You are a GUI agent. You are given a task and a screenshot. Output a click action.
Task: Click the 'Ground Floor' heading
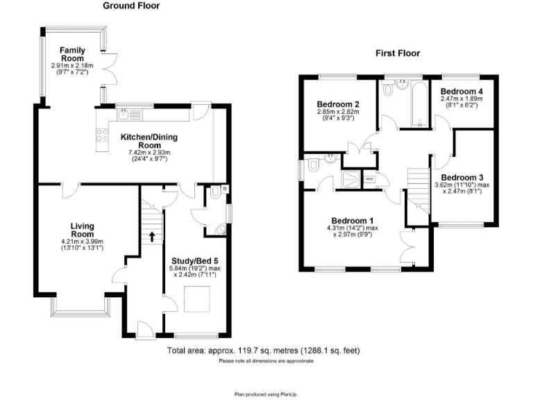coord(131,6)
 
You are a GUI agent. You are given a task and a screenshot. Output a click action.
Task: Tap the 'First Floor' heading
coord(398,53)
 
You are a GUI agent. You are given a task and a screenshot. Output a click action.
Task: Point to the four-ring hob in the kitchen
coord(102,136)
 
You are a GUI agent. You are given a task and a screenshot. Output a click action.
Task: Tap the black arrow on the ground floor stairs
coord(151,236)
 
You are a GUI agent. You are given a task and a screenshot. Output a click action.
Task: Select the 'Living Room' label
coord(82,230)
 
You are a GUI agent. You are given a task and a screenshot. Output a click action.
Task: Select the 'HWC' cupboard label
coord(369,179)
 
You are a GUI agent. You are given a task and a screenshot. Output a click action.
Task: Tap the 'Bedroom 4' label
coord(462,91)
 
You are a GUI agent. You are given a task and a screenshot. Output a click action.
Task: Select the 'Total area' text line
coord(264,351)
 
